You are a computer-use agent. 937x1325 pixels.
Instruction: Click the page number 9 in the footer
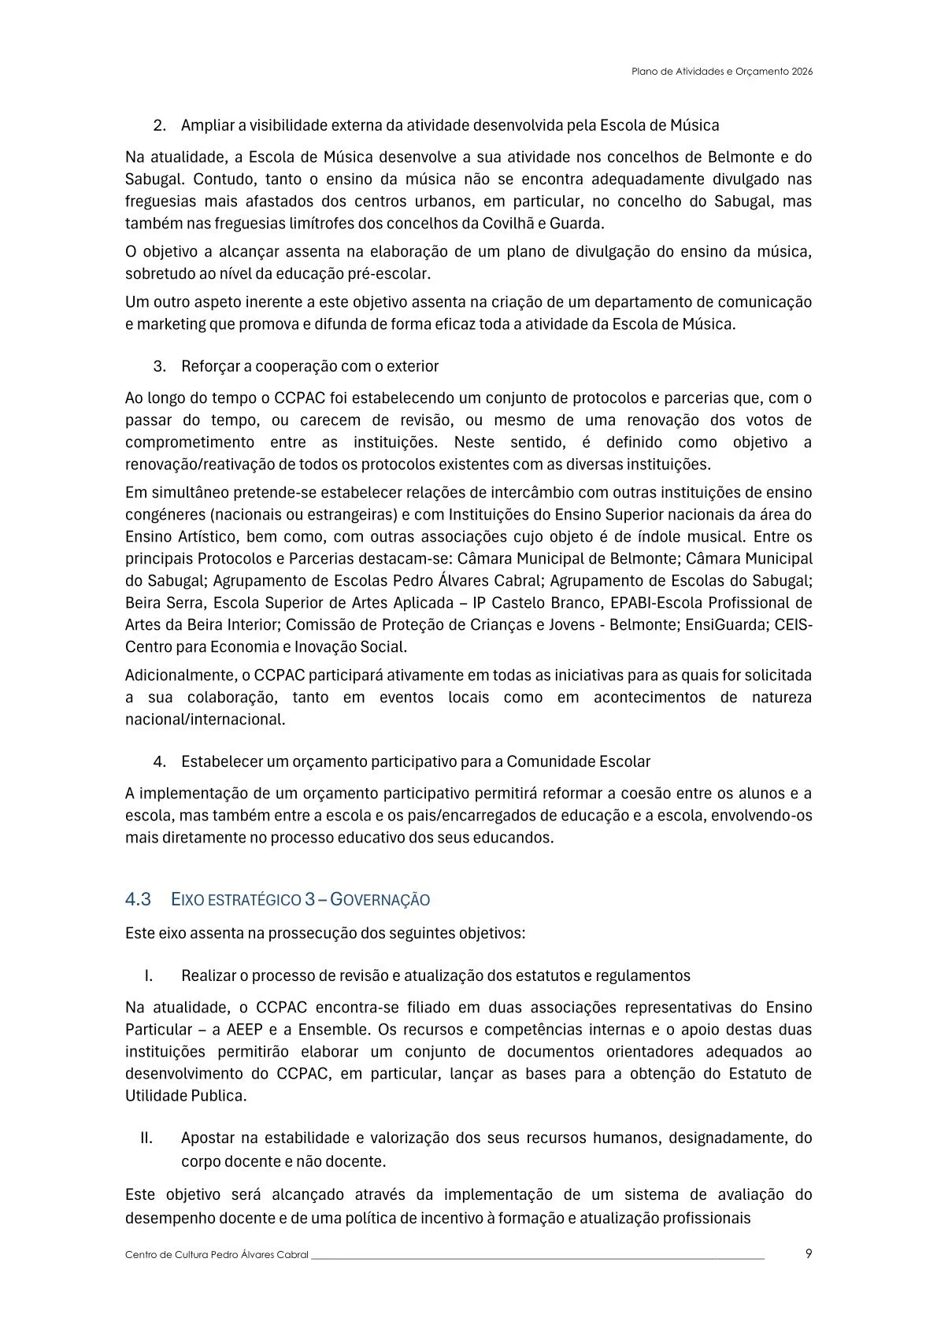click(809, 1253)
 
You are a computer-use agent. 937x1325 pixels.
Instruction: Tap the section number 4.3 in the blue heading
click(138, 899)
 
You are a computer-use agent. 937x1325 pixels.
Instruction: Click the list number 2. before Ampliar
click(160, 125)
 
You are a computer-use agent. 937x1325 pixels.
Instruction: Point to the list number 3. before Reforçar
click(160, 366)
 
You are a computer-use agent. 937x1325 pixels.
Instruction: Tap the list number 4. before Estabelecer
click(160, 761)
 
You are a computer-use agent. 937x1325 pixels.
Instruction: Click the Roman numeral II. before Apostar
click(146, 1138)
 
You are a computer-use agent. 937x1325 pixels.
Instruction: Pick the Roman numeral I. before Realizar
click(148, 975)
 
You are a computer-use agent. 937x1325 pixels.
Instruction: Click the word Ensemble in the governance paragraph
click(339, 1029)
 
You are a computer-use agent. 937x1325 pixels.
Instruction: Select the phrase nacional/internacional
click(205, 719)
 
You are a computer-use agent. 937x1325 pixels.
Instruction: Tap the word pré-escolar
click(391, 273)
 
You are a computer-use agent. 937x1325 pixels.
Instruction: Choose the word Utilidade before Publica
click(156, 1095)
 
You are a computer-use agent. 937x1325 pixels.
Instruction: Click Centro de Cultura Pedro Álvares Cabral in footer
click(217, 1255)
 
